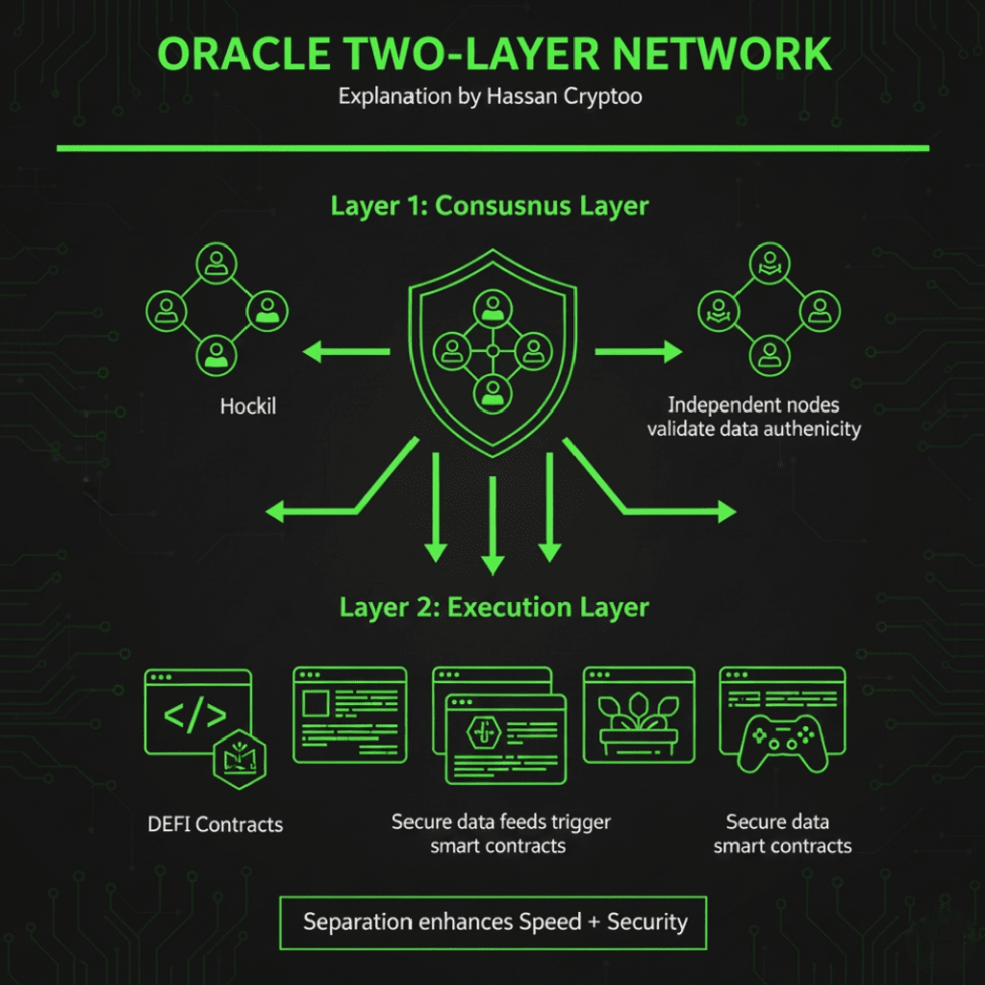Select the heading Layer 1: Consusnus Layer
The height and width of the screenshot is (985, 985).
click(x=490, y=207)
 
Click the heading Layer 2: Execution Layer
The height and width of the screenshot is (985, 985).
click(x=493, y=608)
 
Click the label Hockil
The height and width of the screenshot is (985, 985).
click(x=247, y=406)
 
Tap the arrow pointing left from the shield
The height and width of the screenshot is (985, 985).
click(x=346, y=353)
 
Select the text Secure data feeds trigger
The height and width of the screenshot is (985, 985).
click(x=500, y=822)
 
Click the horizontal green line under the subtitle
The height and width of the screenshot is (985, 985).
click(x=492, y=148)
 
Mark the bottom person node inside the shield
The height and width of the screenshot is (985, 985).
click(x=492, y=391)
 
